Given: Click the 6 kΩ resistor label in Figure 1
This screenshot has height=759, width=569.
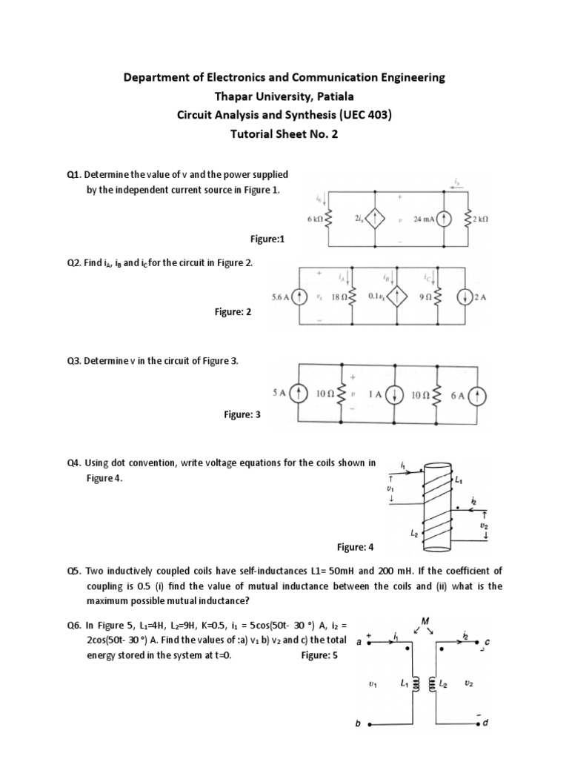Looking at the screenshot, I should click(x=315, y=219).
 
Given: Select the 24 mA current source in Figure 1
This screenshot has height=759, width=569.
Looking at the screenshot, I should click(x=443, y=219).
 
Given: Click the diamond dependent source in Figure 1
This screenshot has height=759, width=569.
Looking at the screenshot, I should click(x=379, y=219).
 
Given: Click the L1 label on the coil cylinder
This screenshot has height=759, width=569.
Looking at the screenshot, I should click(x=459, y=483).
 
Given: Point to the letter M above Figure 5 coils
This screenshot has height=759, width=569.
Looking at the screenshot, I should click(x=426, y=620).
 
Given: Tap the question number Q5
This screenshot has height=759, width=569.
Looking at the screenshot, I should click(x=73, y=571).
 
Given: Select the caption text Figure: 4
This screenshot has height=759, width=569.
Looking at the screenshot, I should click(x=356, y=547).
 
